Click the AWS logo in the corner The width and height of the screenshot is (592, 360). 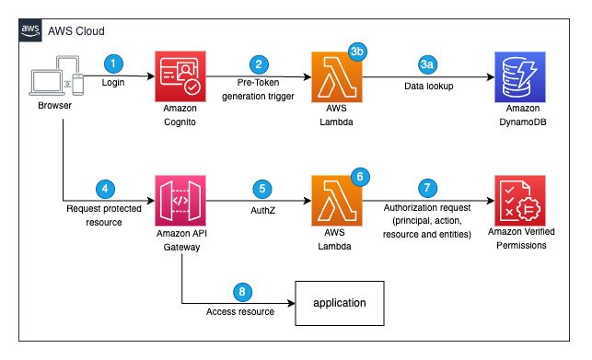coord(30,29)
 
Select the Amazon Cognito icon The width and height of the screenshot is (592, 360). coord(180,77)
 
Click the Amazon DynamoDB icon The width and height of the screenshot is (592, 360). coord(520,77)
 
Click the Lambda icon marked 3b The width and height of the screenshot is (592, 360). coord(336,77)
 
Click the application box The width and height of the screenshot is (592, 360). coord(339,302)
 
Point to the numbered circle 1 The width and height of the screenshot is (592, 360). coord(113,64)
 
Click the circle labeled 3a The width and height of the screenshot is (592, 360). coord(427,64)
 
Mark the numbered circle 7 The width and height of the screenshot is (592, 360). coord(426,188)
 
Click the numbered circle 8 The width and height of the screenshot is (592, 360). coord(242,292)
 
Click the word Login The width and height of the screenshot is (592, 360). coord(113,83)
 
